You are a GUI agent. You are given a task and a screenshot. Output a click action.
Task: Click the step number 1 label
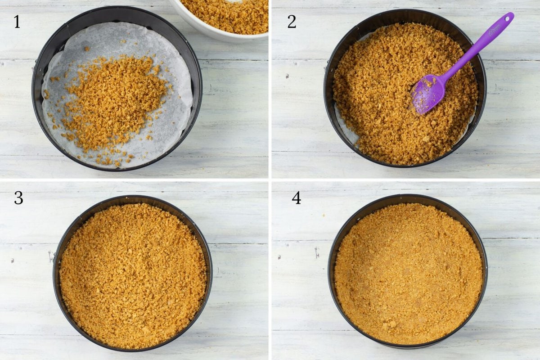17,22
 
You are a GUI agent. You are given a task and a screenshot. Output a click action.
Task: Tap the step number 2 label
292,22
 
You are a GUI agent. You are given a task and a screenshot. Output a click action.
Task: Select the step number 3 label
18,198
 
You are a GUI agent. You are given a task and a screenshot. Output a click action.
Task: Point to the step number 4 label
296,198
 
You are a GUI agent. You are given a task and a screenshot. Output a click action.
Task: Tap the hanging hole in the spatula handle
508,19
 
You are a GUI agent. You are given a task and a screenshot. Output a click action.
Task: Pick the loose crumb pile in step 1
112,99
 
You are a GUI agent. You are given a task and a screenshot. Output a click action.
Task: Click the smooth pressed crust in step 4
407,274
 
